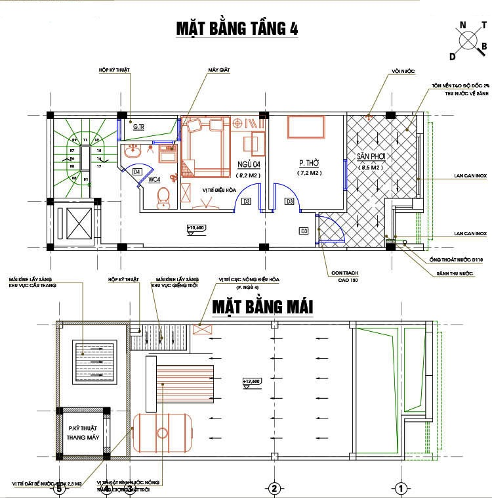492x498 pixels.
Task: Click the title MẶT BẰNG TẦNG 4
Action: click(x=236, y=29)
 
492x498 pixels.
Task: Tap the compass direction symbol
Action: click(x=468, y=39)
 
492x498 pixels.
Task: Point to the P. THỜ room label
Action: click(x=308, y=164)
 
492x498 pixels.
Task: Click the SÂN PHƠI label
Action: click(x=370, y=157)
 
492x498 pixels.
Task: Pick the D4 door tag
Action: click(x=137, y=171)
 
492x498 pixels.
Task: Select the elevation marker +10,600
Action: click(x=196, y=229)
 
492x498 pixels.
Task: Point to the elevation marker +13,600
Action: click(x=252, y=380)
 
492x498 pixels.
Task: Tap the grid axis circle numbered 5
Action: click(x=59, y=487)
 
